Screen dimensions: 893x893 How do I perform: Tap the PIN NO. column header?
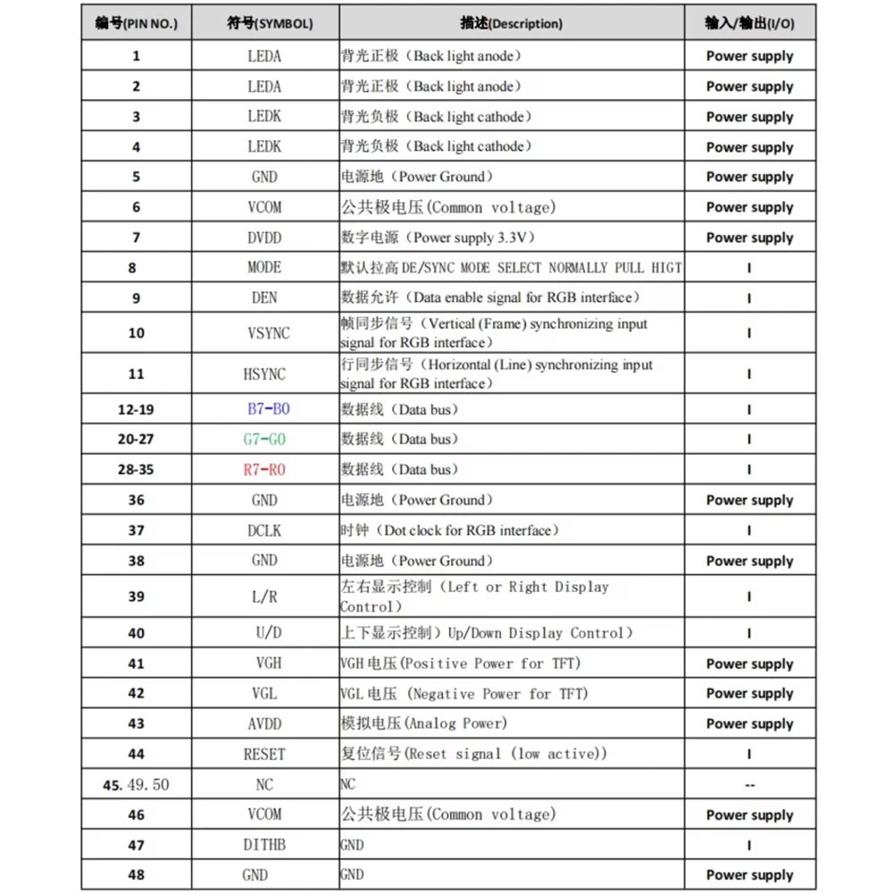click(x=136, y=24)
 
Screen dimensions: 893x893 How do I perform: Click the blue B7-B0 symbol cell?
click(x=269, y=410)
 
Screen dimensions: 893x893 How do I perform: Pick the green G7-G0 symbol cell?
click(x=264, y=439)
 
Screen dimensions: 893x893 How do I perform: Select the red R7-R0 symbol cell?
click(x=264, y=470)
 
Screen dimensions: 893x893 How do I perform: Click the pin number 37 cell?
click(x=136, y=530)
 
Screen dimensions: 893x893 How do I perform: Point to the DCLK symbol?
click(x=264, y=530)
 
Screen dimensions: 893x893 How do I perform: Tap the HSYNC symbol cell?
click(x=264, y=374)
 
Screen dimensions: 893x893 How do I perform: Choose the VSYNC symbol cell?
click(x=268, y=333)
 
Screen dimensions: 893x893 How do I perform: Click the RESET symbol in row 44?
click(x=264, y=755)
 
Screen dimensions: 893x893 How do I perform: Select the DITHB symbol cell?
click(x=264, y=845)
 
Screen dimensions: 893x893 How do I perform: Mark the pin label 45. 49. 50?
click(x=136, y=785)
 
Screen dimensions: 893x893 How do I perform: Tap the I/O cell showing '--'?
click(x=749, y=785)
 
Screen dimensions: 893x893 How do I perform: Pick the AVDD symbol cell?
click(x=264, y=723)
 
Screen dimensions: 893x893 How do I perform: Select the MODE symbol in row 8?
click(x=264, y=267)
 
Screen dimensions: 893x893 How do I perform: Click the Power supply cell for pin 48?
click(x=749, y=875)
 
